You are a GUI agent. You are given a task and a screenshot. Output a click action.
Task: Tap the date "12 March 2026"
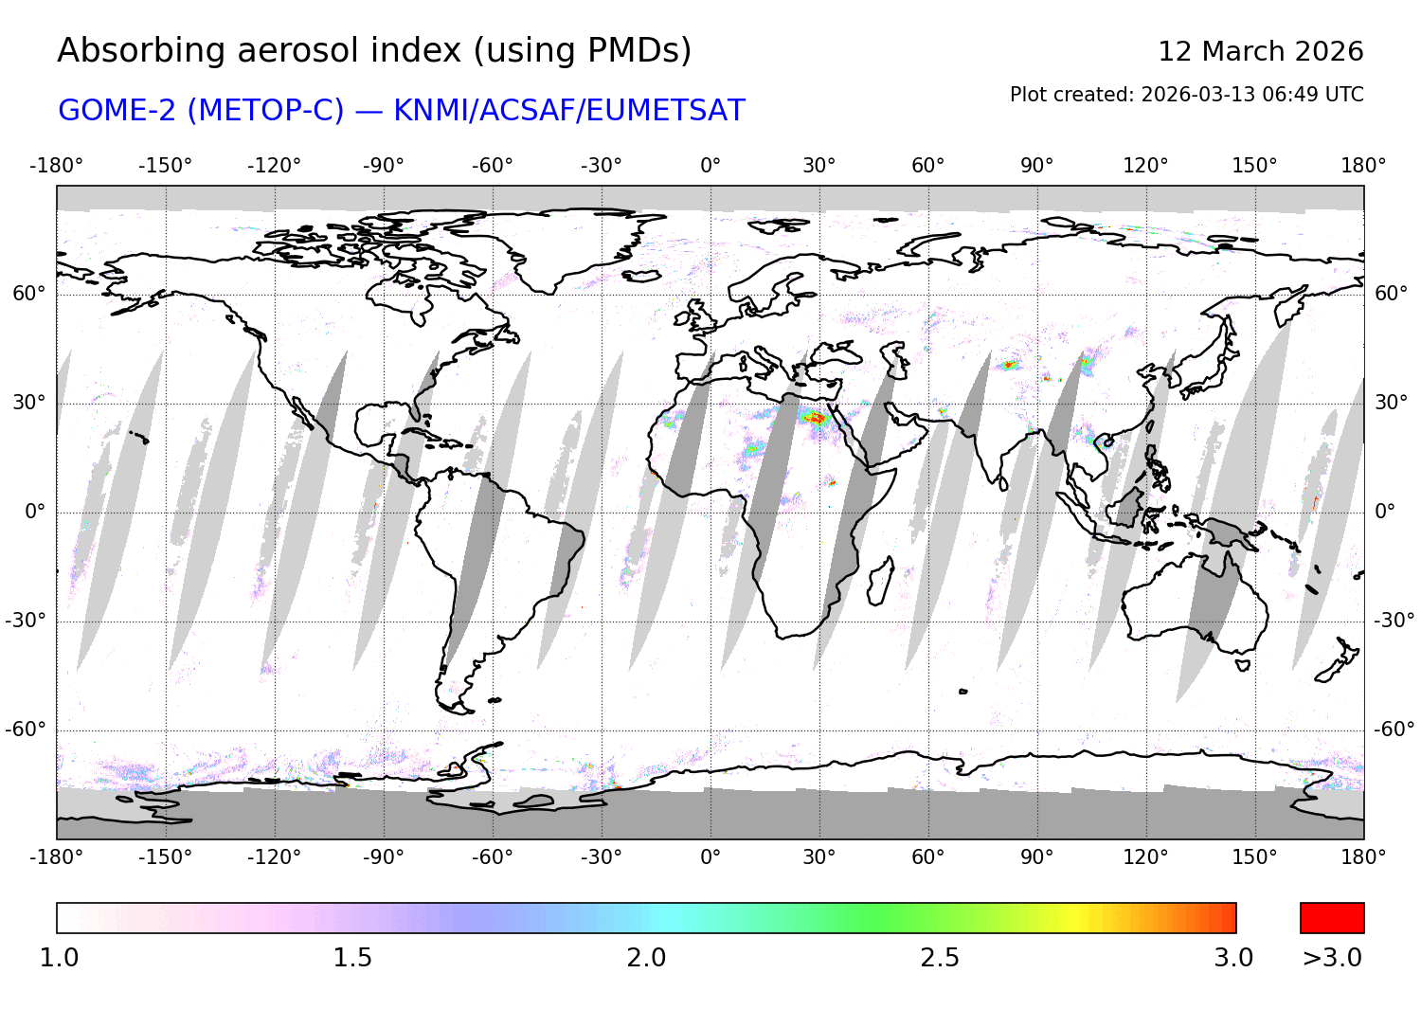tap(1260, 51)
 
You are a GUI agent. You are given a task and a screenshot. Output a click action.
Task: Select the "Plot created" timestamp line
tap(1186, 95)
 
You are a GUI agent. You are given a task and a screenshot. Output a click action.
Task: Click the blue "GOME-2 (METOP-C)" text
tap(201, 111)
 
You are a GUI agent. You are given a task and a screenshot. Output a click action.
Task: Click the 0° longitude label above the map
tap(710, 166)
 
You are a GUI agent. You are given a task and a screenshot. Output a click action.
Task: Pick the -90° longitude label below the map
tap(383, 857)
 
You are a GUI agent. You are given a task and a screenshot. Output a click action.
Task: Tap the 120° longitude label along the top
tap(1145, 166)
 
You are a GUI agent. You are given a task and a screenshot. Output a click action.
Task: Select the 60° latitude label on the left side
tap(28, 294)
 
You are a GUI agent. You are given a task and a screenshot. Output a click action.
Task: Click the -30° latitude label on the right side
tap(1394, 621)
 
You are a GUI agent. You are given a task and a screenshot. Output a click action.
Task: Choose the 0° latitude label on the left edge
tap(34, 513)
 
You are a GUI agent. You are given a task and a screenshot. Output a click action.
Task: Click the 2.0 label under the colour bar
tap(646, 958)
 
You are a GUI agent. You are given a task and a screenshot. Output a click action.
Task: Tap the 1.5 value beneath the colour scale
tap(352, 958)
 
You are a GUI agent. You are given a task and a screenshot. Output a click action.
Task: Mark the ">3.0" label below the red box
tap(1332, 958)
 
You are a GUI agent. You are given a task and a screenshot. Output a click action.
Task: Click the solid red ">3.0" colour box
tap(1332, 918)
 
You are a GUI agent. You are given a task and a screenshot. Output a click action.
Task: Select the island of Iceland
tap(642, 277)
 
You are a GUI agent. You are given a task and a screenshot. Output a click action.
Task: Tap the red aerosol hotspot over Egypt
tap(815, 417)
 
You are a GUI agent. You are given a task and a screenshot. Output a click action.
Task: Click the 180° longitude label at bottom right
tap(1363, 857)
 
